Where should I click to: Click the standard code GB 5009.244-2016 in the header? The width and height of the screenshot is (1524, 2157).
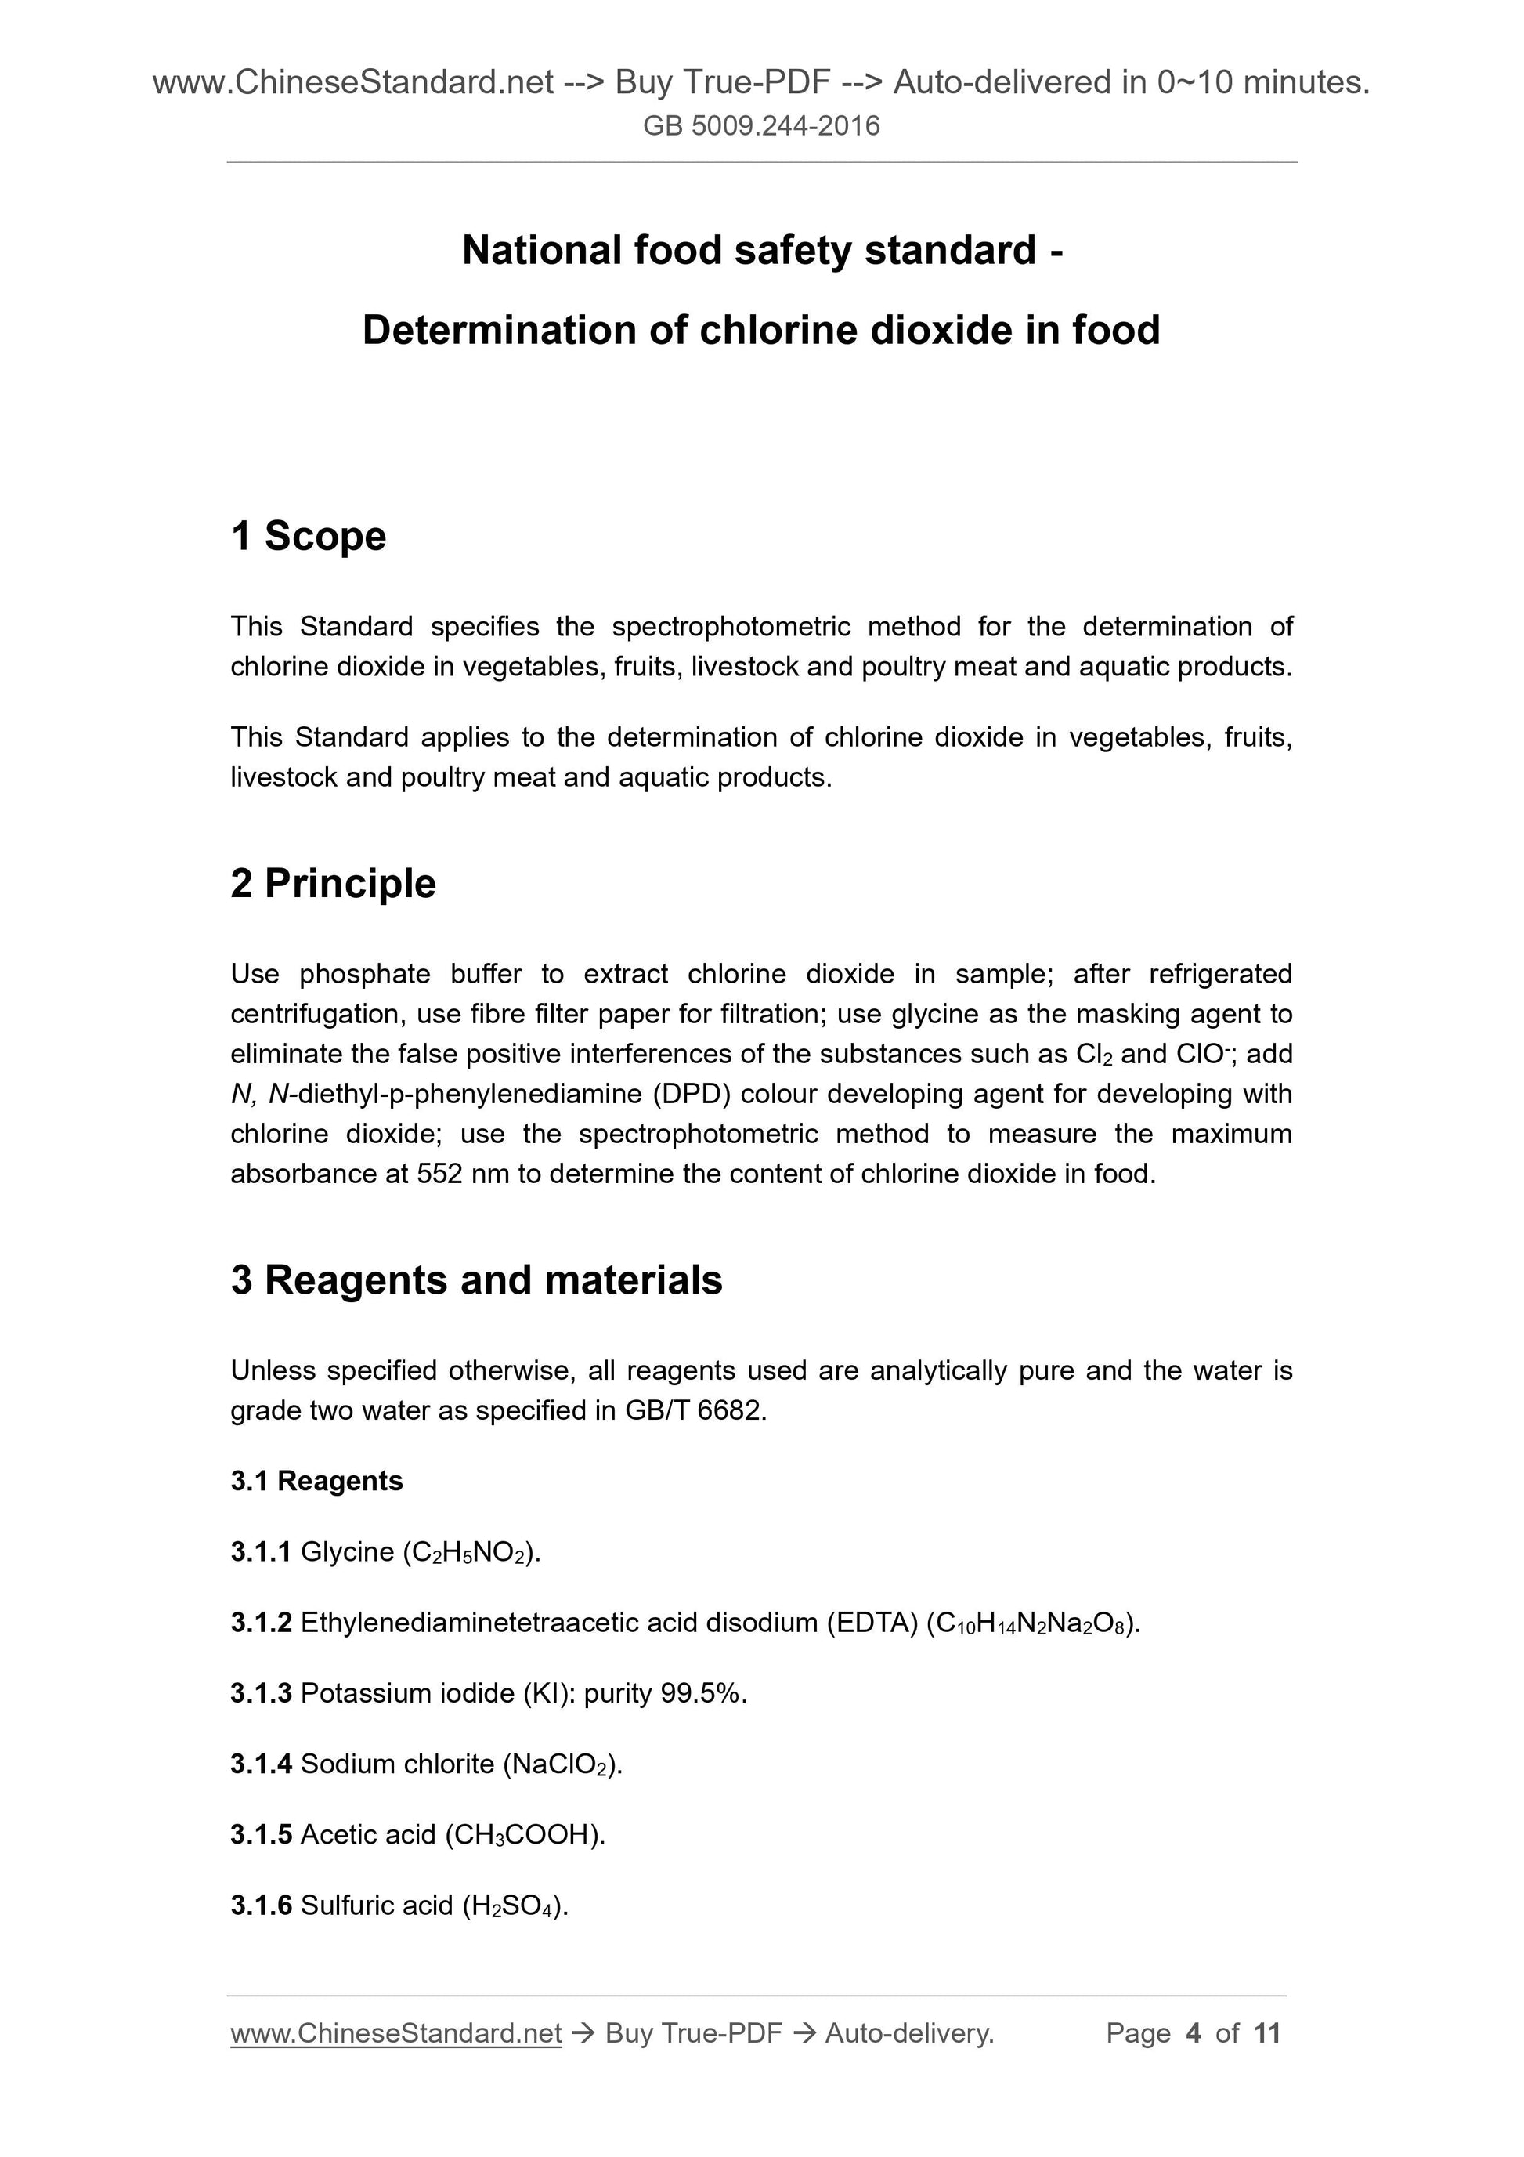click(761, 126)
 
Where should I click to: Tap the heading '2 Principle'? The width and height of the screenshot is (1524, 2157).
click(334, 884)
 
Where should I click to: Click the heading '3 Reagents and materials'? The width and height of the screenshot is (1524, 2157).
click(476, 1280)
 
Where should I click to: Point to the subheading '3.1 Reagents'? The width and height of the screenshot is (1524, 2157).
click(316, 1481)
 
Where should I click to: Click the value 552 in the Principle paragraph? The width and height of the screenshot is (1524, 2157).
click(439, 1174)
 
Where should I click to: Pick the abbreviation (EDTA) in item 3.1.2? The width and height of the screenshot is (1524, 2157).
click(872, 1623)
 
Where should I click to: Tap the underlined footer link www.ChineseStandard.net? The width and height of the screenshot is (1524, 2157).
click(395, 2034)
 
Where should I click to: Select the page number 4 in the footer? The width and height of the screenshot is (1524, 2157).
click(1194, 2034)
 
